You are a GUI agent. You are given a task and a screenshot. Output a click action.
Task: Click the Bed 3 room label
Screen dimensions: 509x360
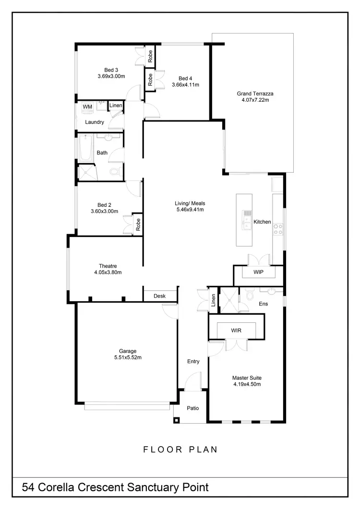pyautogui.click(x=111, y=70)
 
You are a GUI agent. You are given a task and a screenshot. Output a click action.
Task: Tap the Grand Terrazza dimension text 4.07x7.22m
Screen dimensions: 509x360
pyautogui.click(x=255, y=100)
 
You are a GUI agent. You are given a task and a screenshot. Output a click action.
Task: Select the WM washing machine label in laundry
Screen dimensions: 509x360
pyautogui.click(x=87, y=107)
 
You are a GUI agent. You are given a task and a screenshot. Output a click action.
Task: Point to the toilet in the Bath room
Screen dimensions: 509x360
pyautogui.click(x=114, y=171)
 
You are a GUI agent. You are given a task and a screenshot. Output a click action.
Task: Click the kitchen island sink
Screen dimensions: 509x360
pyautogui.click(x=247, y=219)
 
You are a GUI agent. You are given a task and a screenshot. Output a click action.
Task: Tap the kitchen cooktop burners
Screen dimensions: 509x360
pyautogui.click(x=277, y=229)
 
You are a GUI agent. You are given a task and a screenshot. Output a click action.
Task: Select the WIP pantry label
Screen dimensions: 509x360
pyautogui.click(x=258, y=272)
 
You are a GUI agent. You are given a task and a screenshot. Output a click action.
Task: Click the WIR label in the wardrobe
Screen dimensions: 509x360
pyautogui.click(x=236, y=331)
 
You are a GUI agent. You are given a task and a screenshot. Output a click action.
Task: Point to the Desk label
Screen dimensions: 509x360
pyautogui.click(x=159, y=296)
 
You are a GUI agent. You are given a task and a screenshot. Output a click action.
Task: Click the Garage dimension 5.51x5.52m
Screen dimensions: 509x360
pyautogui.click(x=128, y=357)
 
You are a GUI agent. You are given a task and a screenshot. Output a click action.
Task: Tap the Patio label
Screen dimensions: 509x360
pyautogui.click(x=192, y=408)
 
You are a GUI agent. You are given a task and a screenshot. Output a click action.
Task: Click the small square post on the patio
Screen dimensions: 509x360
pyautogui.click(x=177, y=420)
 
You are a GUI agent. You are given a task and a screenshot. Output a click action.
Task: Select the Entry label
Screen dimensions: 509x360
pyautogui.click(x=193, y=361)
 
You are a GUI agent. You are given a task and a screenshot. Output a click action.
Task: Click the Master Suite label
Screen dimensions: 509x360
pyautogui.click(x=247, y=378)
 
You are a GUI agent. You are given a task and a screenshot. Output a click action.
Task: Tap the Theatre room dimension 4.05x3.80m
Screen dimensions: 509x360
pyautogui.click(x=108, y=272)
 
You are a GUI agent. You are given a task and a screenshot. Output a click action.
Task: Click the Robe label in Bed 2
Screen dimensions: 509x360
pyautogui.click(x=138, y=225)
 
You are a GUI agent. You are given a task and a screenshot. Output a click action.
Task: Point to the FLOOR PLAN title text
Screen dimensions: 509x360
pyautogui.click(x=180, y=450)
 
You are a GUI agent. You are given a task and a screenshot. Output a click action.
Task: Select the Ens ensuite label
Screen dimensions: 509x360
pyautogui.click(x=263, y=304)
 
